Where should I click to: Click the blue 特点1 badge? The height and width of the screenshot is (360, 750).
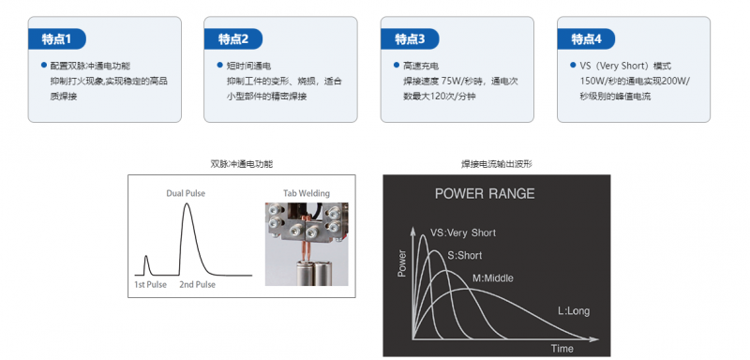tap(57, 39)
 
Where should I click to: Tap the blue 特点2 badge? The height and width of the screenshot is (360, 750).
tap(233, 39)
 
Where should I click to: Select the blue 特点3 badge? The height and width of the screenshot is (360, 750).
tap(410, 39)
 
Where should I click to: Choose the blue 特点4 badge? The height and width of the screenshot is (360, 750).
tap(587, 39)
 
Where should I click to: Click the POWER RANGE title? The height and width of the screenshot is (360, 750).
tap(485, 194)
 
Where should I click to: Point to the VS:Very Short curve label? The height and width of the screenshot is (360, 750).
tap(463, 232)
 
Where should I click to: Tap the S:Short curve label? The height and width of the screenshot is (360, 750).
tap(464, 255)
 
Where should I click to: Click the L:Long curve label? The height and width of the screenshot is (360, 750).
tap(574, 311)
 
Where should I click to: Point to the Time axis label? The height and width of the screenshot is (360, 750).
tap(562, 349)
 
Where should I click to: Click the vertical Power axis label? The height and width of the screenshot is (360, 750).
tap(402, 263)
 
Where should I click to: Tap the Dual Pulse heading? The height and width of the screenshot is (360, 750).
tap(186, 194)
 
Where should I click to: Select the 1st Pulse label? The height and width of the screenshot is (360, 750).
tap(150, 285)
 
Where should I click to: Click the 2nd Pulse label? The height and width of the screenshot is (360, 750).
tap(197, 285)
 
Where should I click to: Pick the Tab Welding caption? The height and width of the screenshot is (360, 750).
tap(307, 194)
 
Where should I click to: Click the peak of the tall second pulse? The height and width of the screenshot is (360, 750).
tap(187, 203)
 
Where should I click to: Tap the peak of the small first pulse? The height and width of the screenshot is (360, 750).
tap(146, 256)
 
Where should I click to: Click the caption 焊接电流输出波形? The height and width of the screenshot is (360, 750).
tap(497, 164)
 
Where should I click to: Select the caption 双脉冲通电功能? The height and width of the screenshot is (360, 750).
tap(242, 164)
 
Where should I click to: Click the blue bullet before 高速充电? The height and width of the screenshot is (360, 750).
tap(397, 65)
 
